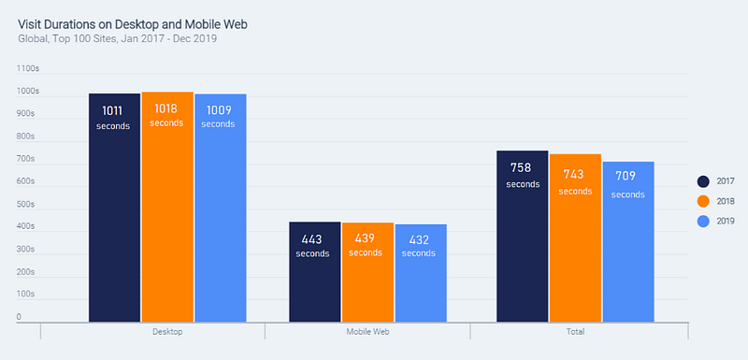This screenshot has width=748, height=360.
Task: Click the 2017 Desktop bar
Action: coord(114,208)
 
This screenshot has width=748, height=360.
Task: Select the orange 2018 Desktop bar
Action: coord(167,207)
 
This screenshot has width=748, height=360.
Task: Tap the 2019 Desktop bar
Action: coord(221,208)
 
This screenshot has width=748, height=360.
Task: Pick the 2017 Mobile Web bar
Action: coord(315,272)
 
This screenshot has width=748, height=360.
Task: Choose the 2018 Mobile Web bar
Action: coord(367,272)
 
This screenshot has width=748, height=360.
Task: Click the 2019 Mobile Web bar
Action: coord(421,273)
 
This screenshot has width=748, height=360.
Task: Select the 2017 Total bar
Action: coord(523,237)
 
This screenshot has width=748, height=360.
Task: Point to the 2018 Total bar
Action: coord(575,238)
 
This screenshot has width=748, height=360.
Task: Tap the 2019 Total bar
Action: coord(628,242)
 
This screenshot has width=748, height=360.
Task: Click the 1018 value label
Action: coord(166,108)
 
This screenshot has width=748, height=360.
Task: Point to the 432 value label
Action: coord(418,240)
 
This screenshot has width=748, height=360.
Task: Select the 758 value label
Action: coord(521,167)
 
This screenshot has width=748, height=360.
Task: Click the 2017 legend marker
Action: coord(703,181)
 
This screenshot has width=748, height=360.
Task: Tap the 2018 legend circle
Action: coord(703,202)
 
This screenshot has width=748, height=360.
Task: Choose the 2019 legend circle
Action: coord(703,222)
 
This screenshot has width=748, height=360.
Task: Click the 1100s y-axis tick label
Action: coord(28,68)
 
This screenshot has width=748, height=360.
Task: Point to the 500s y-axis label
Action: coord(26,204)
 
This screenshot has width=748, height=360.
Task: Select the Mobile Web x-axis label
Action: coord(367,332)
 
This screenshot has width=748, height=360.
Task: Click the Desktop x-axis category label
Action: coord(167,332)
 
